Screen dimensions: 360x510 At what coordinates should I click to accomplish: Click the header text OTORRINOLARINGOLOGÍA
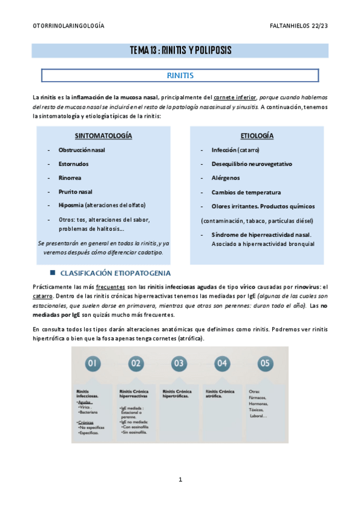[68, 26]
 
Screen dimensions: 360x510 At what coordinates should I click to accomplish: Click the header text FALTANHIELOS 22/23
[299, 26]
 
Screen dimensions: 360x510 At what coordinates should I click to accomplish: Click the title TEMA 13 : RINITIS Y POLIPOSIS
[180, 50]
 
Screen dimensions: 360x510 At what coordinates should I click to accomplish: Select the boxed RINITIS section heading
[180, 76]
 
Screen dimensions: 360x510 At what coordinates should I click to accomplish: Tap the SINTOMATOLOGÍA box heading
[103, 135]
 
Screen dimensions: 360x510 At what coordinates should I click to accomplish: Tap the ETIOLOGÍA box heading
[257, 135]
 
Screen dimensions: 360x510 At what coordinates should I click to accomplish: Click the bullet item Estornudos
[74, 164]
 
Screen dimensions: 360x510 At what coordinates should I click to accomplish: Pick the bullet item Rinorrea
[70, 177]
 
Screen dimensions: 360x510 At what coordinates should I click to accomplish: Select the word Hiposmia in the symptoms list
[72, 205]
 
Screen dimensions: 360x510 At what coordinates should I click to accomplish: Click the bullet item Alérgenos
[225, 178]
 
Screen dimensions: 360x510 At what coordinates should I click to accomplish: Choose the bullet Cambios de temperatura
[246, 192]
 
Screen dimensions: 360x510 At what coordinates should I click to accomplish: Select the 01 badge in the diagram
[93, 363]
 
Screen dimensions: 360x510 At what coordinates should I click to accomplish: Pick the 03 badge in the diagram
[178, 363]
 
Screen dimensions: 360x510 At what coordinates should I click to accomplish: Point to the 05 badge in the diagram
[264, 363]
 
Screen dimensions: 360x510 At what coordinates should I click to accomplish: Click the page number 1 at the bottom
[180, 479]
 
